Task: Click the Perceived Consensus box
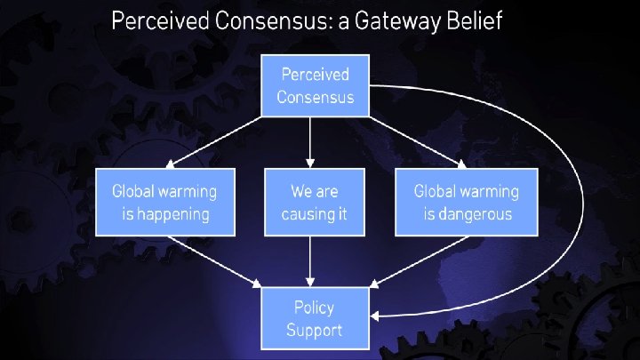coord(315,85)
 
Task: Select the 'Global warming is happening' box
coord(165,202)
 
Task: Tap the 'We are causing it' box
coord(315,202)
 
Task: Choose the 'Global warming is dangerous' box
coord(467,202)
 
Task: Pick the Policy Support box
coord(315,318)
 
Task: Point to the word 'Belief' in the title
coord(473,22)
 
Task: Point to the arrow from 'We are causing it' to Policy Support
coord(310,262)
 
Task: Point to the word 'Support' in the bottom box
coord(315,331)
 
